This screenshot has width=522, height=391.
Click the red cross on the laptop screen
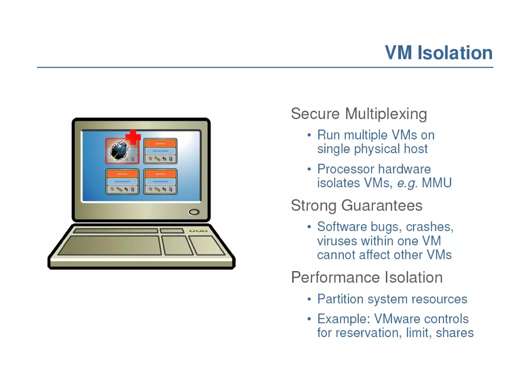coord(133,137)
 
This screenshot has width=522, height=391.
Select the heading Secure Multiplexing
coord(359,114)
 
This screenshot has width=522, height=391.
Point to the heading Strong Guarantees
coord(357,205)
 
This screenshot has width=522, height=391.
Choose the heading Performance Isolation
coord(367,277)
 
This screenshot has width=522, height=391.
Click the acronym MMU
coord(437,183)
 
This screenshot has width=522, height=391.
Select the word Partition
coord(340,299)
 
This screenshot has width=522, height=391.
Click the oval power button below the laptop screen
coord(194,212)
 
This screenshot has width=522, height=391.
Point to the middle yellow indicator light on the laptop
coord(198,231)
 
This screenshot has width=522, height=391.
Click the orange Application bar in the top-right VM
coord(160,144)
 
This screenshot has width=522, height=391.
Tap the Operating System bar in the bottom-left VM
coord(122,181)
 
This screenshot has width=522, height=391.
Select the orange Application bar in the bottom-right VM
coord(160,174)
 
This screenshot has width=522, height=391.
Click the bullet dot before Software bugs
coord(309,227)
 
